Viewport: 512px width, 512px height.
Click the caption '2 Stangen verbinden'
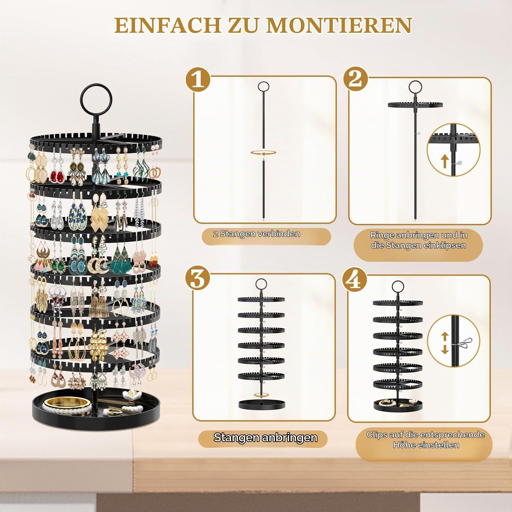tap(257, 234)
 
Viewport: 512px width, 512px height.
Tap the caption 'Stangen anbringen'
tap(266, 438)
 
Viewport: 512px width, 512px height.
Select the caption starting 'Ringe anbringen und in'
tap(418, 240)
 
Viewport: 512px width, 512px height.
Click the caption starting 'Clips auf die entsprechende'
tap(426, 440)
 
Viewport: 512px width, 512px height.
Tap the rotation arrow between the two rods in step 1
tap(263, 153)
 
